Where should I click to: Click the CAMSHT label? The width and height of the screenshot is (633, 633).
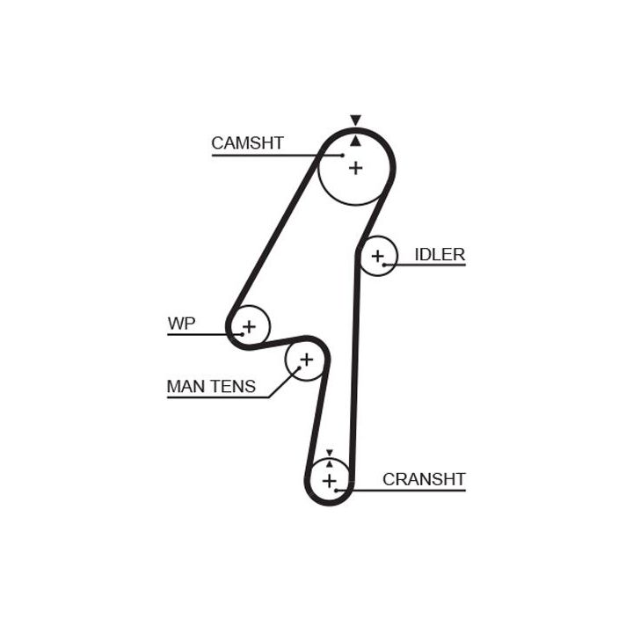point(247,143)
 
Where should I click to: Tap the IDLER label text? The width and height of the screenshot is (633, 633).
point(440,254)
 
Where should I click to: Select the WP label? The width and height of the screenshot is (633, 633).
point(181,324)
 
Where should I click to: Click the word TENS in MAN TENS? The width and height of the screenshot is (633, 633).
point(232,386)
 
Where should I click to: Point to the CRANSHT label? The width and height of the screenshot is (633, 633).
point(424,479)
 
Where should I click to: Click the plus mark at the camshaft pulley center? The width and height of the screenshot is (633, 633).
point(356,168)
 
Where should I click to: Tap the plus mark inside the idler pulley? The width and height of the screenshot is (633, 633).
point(377,256)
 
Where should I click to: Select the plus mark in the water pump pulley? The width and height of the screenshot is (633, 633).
point(249,326)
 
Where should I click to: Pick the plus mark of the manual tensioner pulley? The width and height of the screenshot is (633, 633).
point(307,360)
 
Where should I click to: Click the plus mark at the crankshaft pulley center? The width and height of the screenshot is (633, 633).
point(330,481)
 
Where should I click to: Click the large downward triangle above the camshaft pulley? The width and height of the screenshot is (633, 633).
point(355,120)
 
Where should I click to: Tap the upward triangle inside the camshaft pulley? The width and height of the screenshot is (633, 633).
point(355,141)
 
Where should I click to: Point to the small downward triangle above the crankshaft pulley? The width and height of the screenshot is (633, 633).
point(330,453)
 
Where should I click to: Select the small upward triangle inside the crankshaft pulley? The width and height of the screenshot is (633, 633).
point(330,464)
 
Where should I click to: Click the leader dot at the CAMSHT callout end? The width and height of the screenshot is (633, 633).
point(342,155)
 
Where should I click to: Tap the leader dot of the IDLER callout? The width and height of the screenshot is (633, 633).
point(384,265)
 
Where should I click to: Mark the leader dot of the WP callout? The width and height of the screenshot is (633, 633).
point(242,334)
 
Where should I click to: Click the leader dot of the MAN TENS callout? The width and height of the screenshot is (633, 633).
point(299,367)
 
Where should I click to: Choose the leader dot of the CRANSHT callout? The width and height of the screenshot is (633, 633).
point(336,491)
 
